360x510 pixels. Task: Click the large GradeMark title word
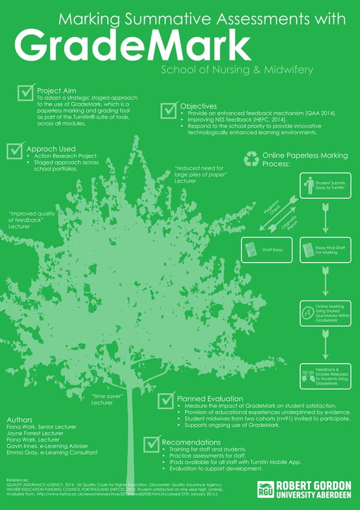coord(132,46)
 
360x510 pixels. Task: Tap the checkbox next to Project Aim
coord(26,92)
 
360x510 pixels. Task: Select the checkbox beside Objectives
coord(169,110)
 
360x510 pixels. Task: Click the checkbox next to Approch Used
coord(15,151)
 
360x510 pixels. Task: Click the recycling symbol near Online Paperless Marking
coord(251,159)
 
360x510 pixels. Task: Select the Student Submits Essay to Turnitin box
coord(325,186)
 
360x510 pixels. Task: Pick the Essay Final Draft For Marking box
coord(325,250)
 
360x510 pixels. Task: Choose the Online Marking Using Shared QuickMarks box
coord(325,313)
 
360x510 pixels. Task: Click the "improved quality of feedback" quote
coord(32,219)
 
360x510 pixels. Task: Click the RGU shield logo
coord(266,490)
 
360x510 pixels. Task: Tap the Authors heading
coord(19,420)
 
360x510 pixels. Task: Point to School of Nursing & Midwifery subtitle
coord(237,70)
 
